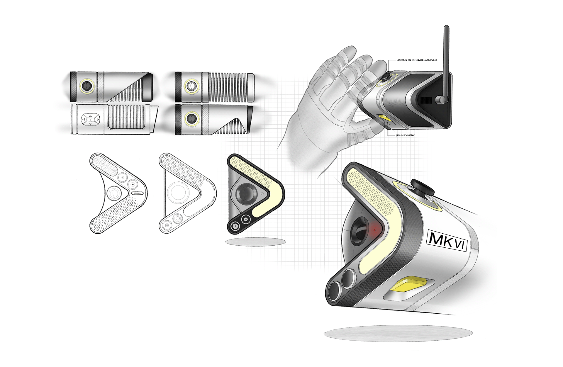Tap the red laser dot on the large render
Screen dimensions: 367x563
374,230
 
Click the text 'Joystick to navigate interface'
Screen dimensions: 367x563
417,60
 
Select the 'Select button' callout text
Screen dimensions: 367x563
405,135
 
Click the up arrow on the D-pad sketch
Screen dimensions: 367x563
91,116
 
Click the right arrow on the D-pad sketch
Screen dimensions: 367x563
97,120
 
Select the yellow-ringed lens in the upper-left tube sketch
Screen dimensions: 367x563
87,86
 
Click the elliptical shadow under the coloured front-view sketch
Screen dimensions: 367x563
256,242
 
